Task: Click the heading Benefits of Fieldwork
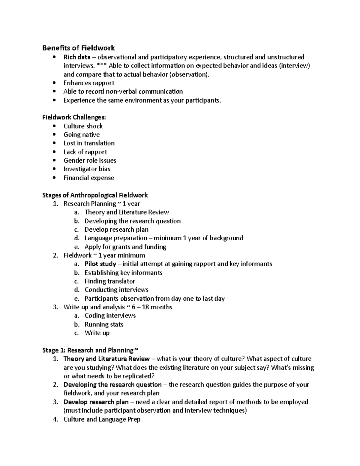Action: pyautogui.click(x=78, y=48)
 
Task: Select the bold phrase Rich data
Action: pyautogui.click(x=77, y=57)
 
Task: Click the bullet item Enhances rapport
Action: pyautogui.click(x=89, y=83)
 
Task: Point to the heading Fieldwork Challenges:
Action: pyautogui.click(x=74, y=117)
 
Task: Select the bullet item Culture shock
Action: pyautogui.click(x=83, y=126)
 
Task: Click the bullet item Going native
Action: pyautogui.click(x=82, y=135)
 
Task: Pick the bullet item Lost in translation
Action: pyautogui.click(x=89, y=143)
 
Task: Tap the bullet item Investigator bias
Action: pyautogui.click(x=87, y=169)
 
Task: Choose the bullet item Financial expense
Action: pyautogui.click(x=88, y=178)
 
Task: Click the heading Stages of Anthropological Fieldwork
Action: pyautogui.click(x=95, y=195)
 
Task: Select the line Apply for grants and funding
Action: pyautogui.click(x=125, y=247)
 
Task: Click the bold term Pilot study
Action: pyautogui.click(x=100, y=264)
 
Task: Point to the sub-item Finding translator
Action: pyautogui.click(x=110, y=281)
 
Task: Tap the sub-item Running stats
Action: pyautogui.click(x=104, y=324)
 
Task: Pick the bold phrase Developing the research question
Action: pyautogui.click(x=112, y=385)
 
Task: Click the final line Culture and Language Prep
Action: pyautogui.click(x=102, y=419)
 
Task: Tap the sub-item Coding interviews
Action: pyautogui.click(x=110, y=316)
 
